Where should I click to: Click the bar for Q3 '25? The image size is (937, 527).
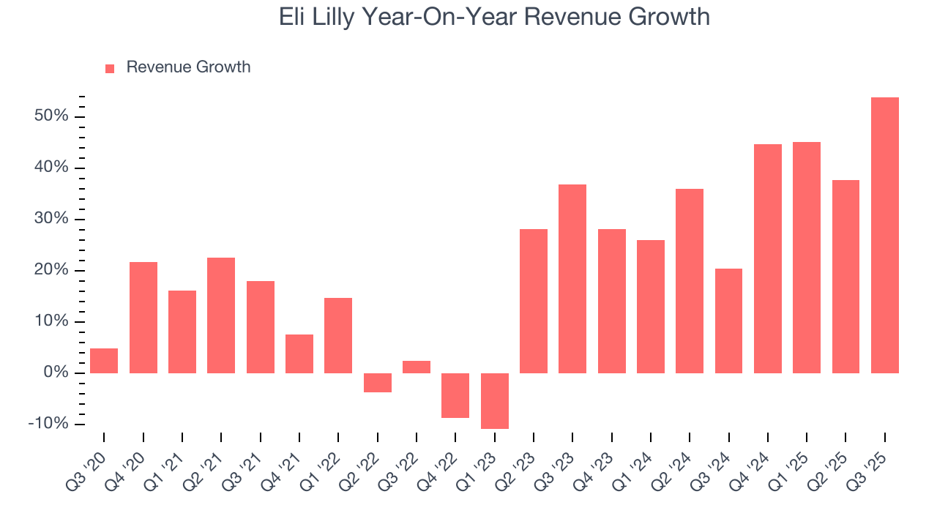pos(884,235)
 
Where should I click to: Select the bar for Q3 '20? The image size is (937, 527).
pos(104,360)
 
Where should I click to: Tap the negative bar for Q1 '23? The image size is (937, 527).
pos(494,400)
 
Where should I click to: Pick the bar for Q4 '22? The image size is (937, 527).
pos(455,395)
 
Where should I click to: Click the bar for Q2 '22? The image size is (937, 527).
pos(377,382)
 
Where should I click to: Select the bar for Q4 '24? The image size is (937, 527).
pos(767,258)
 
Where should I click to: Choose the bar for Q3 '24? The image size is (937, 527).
pos(728,321)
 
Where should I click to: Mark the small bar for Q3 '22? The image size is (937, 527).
pos(417,367)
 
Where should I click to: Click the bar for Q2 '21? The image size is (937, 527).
pos(221,315)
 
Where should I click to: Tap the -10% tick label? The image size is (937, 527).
pos(48,425)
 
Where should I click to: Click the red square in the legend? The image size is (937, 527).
pos(110,68)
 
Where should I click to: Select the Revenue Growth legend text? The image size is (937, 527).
pos(188,67)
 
